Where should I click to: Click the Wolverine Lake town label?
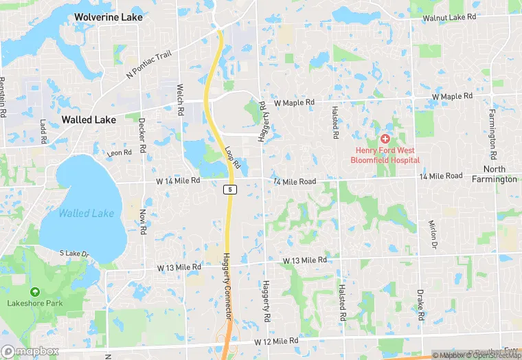(109, 16)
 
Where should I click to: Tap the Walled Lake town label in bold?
(89, 119)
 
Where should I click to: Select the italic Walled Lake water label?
(86, 213)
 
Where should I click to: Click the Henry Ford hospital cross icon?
(385, 139)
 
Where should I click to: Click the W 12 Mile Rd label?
(277, 341)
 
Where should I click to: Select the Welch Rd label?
(181, 99)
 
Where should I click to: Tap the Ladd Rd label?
(43, 132)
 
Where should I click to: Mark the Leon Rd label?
(119, 153)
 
